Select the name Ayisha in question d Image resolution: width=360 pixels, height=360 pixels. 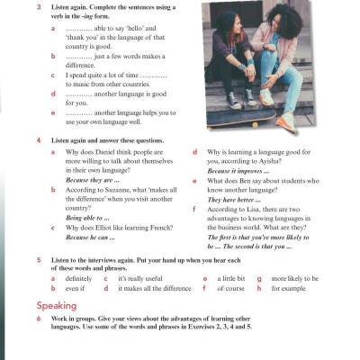pos(306,161)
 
